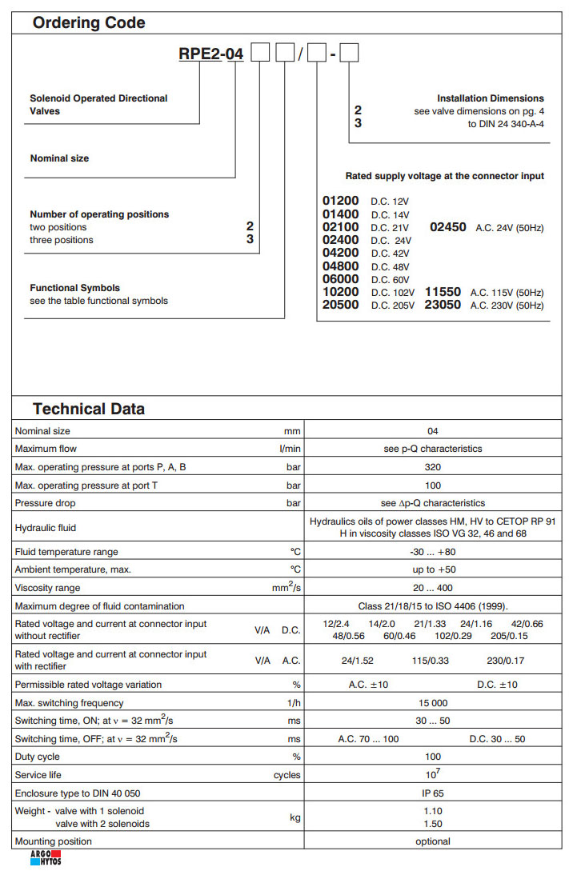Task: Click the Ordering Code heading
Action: click(89, 22)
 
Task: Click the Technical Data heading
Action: click(89, 409)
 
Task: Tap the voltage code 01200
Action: click(340, 202)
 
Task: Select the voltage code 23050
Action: click(443, 305)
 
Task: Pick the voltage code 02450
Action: click(448, 227)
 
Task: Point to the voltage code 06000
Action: click(340, 279)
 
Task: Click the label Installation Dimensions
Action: click(490, 98)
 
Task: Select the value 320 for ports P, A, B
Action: click(433, 467)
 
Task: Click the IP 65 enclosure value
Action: click(433, 793)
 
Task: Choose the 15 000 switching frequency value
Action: click(433, 703)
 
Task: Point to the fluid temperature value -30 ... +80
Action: click(433, 552)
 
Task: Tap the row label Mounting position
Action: click(54, 841)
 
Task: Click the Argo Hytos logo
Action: click(45, 859)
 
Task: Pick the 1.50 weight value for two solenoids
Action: click(433, 824)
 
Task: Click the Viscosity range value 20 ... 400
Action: click(433, 588)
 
